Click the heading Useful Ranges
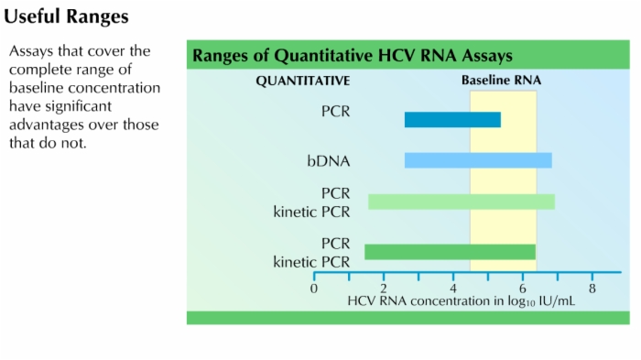[x=66, y=16]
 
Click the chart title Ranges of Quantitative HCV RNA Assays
[x=352, y=56]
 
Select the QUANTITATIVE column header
[x=302, y=81]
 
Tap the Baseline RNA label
[x=501, y=81]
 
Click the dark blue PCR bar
[x=452, y=119]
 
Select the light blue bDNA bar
[x=478, y=160]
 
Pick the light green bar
[x=462, y=202]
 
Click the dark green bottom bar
[x=450, y=252]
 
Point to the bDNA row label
[x=328, y=161]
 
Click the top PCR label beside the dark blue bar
[x=336, y=114]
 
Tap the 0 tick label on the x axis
[x=314, y=288]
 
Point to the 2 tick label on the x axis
[x=384, y=288]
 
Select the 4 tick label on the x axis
[x=453, y=288]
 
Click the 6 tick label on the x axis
[x=523, y=288]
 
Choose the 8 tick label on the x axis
[x=592, y=288]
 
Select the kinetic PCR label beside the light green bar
[x=311, y=212]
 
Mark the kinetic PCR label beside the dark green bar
[x=311, y=262]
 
